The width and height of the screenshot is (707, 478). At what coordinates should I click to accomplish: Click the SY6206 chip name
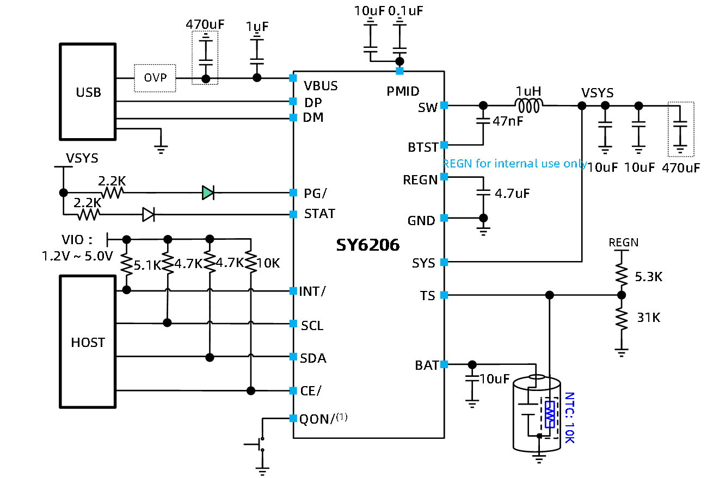(x=368, y=245)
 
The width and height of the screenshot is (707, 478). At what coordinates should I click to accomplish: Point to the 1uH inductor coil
(x=529, y=105)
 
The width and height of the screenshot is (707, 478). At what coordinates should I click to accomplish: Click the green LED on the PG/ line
(x=208, y=193)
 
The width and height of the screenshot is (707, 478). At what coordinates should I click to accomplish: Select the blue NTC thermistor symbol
(x=550, y=414)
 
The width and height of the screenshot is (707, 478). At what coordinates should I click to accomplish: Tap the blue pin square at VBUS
(x=293, y=78)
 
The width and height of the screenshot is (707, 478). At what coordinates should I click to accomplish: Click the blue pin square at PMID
(x=399, y=71)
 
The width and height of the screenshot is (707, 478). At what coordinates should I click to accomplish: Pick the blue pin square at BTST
(x=444, y=145)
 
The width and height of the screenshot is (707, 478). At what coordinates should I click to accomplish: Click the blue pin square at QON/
(x=293, y=418)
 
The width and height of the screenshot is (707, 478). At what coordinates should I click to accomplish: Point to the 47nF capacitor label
(x=508, y=121)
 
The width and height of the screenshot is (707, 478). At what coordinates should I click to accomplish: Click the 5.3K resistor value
(x=649, y=277)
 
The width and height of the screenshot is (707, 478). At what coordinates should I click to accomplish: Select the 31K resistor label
(x=649, y=318)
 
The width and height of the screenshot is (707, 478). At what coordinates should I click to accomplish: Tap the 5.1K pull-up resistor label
(x=147, y=265)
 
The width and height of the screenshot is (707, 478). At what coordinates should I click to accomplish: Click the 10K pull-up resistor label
(x=268, y=263)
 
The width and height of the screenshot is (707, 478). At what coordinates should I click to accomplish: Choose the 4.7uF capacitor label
(x=512, y=194)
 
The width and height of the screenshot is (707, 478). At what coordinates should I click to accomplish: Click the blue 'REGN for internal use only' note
(x=514, y=164)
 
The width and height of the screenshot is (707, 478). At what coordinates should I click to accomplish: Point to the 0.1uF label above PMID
(x=405, y=11)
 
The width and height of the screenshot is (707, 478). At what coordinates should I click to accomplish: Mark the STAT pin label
(x=319, y=214)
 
